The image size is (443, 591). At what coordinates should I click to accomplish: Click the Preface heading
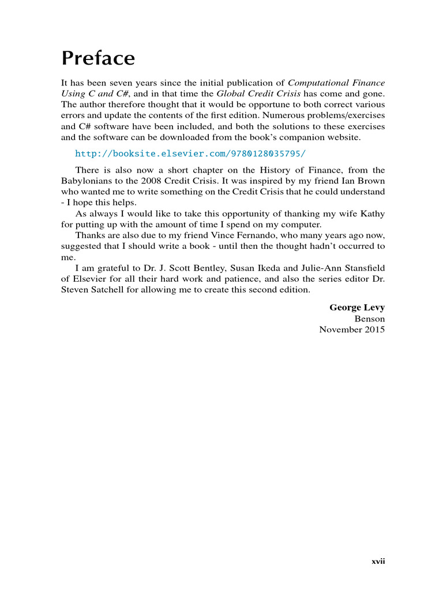98,59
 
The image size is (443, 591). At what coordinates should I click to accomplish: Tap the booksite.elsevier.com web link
190,154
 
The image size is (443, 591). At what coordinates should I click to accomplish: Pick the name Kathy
373,214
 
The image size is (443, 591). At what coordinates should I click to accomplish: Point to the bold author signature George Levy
357,308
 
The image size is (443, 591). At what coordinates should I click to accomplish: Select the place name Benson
370,319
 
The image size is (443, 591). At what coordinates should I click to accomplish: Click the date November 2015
352,330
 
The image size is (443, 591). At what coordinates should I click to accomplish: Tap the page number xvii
378,560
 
